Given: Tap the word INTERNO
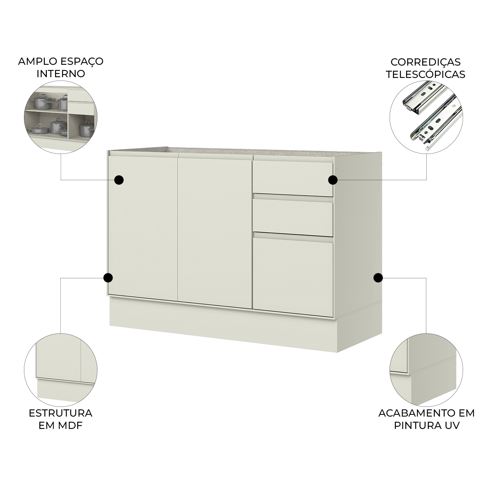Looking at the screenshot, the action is point(61,74).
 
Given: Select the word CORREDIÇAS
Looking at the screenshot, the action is point(426,62).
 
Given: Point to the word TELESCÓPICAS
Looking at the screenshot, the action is point(426,74).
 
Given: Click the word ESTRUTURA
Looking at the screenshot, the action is point(61,413).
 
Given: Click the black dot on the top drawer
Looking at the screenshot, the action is point(333,180).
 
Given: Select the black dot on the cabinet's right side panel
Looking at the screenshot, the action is point(378,278).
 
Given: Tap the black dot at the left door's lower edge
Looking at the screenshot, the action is point(108,278).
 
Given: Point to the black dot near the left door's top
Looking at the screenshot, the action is point(119,180).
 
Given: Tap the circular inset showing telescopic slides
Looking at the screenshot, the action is point(426,117).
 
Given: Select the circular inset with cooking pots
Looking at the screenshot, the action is point(61,117).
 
